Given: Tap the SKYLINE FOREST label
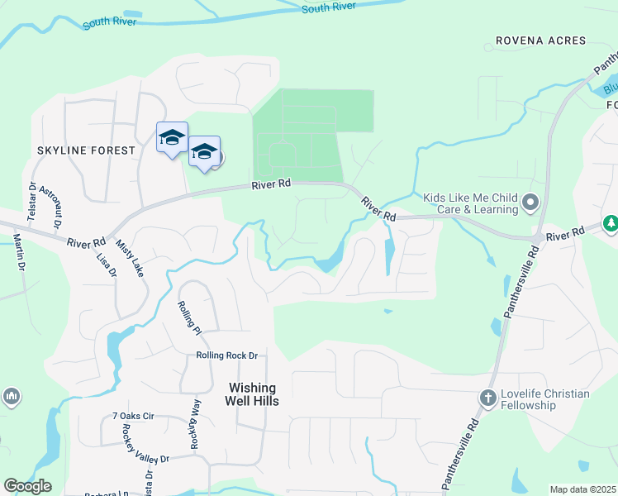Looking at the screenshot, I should (x=85, y=150).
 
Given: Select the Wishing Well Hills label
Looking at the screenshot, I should (x=253, y=394).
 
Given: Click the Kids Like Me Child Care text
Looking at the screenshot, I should (x=470, y=203).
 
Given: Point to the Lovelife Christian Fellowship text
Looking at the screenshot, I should (x=544, y=399).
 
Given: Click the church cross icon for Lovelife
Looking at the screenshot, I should (x=487, y=398).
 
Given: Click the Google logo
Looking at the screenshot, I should (x=27, y=486).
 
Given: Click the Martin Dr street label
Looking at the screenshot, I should (x=18, y=255).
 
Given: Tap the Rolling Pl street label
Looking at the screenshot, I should (x=189, y=317).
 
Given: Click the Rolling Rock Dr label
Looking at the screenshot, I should (x=226, y=356).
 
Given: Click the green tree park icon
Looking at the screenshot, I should (x=611, y=223).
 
